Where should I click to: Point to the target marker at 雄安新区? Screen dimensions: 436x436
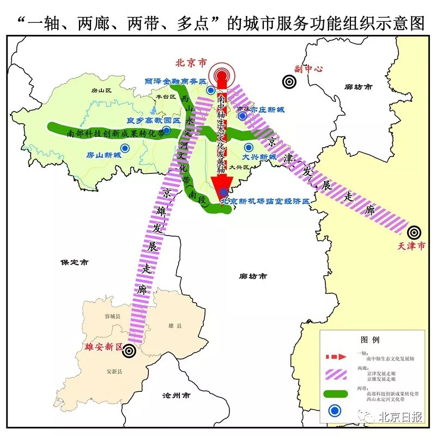pos(129,350)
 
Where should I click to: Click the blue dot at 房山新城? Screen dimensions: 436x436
pos(126,147)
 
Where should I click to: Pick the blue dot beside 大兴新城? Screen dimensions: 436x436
pos(249,147)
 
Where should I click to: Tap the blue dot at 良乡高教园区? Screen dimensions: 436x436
pos(167,130)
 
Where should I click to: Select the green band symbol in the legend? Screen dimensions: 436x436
pos(339,394)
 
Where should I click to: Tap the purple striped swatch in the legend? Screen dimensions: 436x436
pos(339,376)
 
